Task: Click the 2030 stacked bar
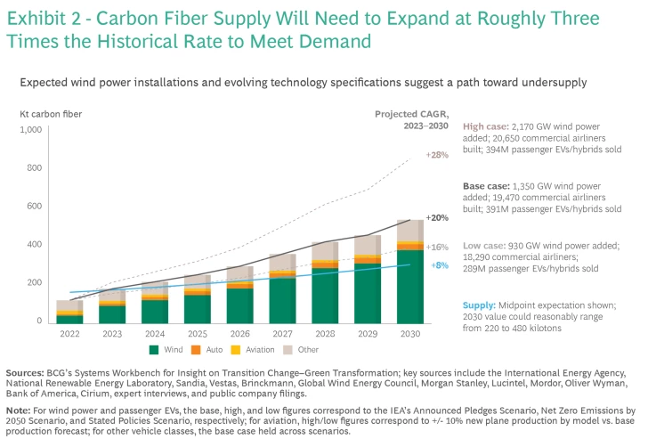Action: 410,271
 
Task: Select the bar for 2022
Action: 69,311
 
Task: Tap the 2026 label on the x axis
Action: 239,335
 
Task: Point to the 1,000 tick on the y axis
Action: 32,130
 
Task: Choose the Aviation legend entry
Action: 252,350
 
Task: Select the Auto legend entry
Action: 208,350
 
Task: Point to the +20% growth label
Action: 438,218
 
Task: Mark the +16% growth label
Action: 438,247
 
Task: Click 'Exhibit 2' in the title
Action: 40,16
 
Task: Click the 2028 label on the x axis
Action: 325,335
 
